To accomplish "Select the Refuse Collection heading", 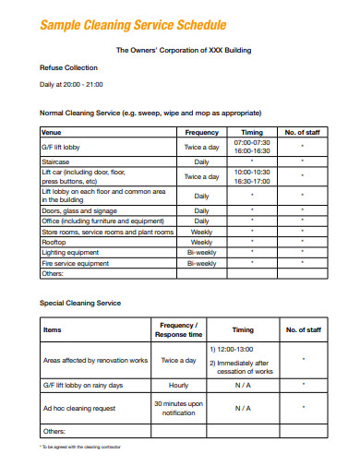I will click(68, 67).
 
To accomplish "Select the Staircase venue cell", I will click(57, 161).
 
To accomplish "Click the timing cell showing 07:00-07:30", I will click(252, 143).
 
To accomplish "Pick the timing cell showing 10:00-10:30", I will click(252, 172).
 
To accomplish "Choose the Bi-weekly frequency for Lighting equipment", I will click(202, 253).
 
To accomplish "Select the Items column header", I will click(53, 329).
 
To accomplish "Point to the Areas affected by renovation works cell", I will click(95, 360).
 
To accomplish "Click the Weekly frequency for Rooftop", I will click(202, 243).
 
